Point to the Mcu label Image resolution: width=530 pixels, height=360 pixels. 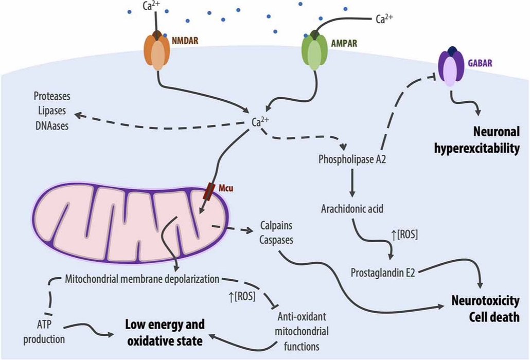(226, 188)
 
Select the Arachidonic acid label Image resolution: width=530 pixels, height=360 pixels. (352, 210)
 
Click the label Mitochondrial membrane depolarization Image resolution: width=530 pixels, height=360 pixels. (143, 280)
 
